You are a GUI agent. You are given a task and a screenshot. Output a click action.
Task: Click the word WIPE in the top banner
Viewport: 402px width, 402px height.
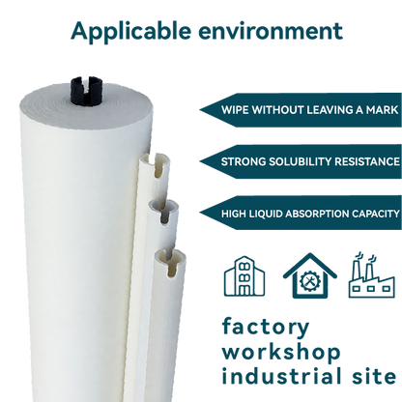[237, 108]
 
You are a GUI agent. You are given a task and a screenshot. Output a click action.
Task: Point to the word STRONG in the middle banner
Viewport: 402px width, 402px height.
[244, 161]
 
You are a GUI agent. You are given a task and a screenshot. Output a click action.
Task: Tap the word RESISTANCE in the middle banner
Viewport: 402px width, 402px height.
[365, 161]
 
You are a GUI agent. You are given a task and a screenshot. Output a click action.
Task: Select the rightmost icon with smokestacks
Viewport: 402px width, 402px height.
[372, 278]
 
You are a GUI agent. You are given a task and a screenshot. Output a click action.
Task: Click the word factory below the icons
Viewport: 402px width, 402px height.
[252, 326]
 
